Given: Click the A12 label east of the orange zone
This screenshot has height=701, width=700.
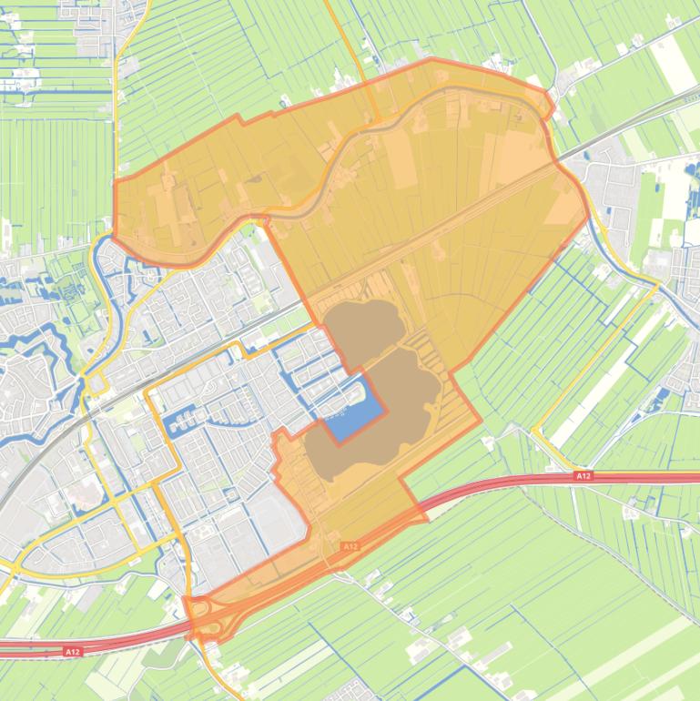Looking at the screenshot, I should (583, 475).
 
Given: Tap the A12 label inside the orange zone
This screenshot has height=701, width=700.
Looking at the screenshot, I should (350, 546).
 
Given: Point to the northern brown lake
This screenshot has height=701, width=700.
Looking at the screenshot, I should (364, 324).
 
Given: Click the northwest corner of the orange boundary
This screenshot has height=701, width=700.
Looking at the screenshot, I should (116, 181).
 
